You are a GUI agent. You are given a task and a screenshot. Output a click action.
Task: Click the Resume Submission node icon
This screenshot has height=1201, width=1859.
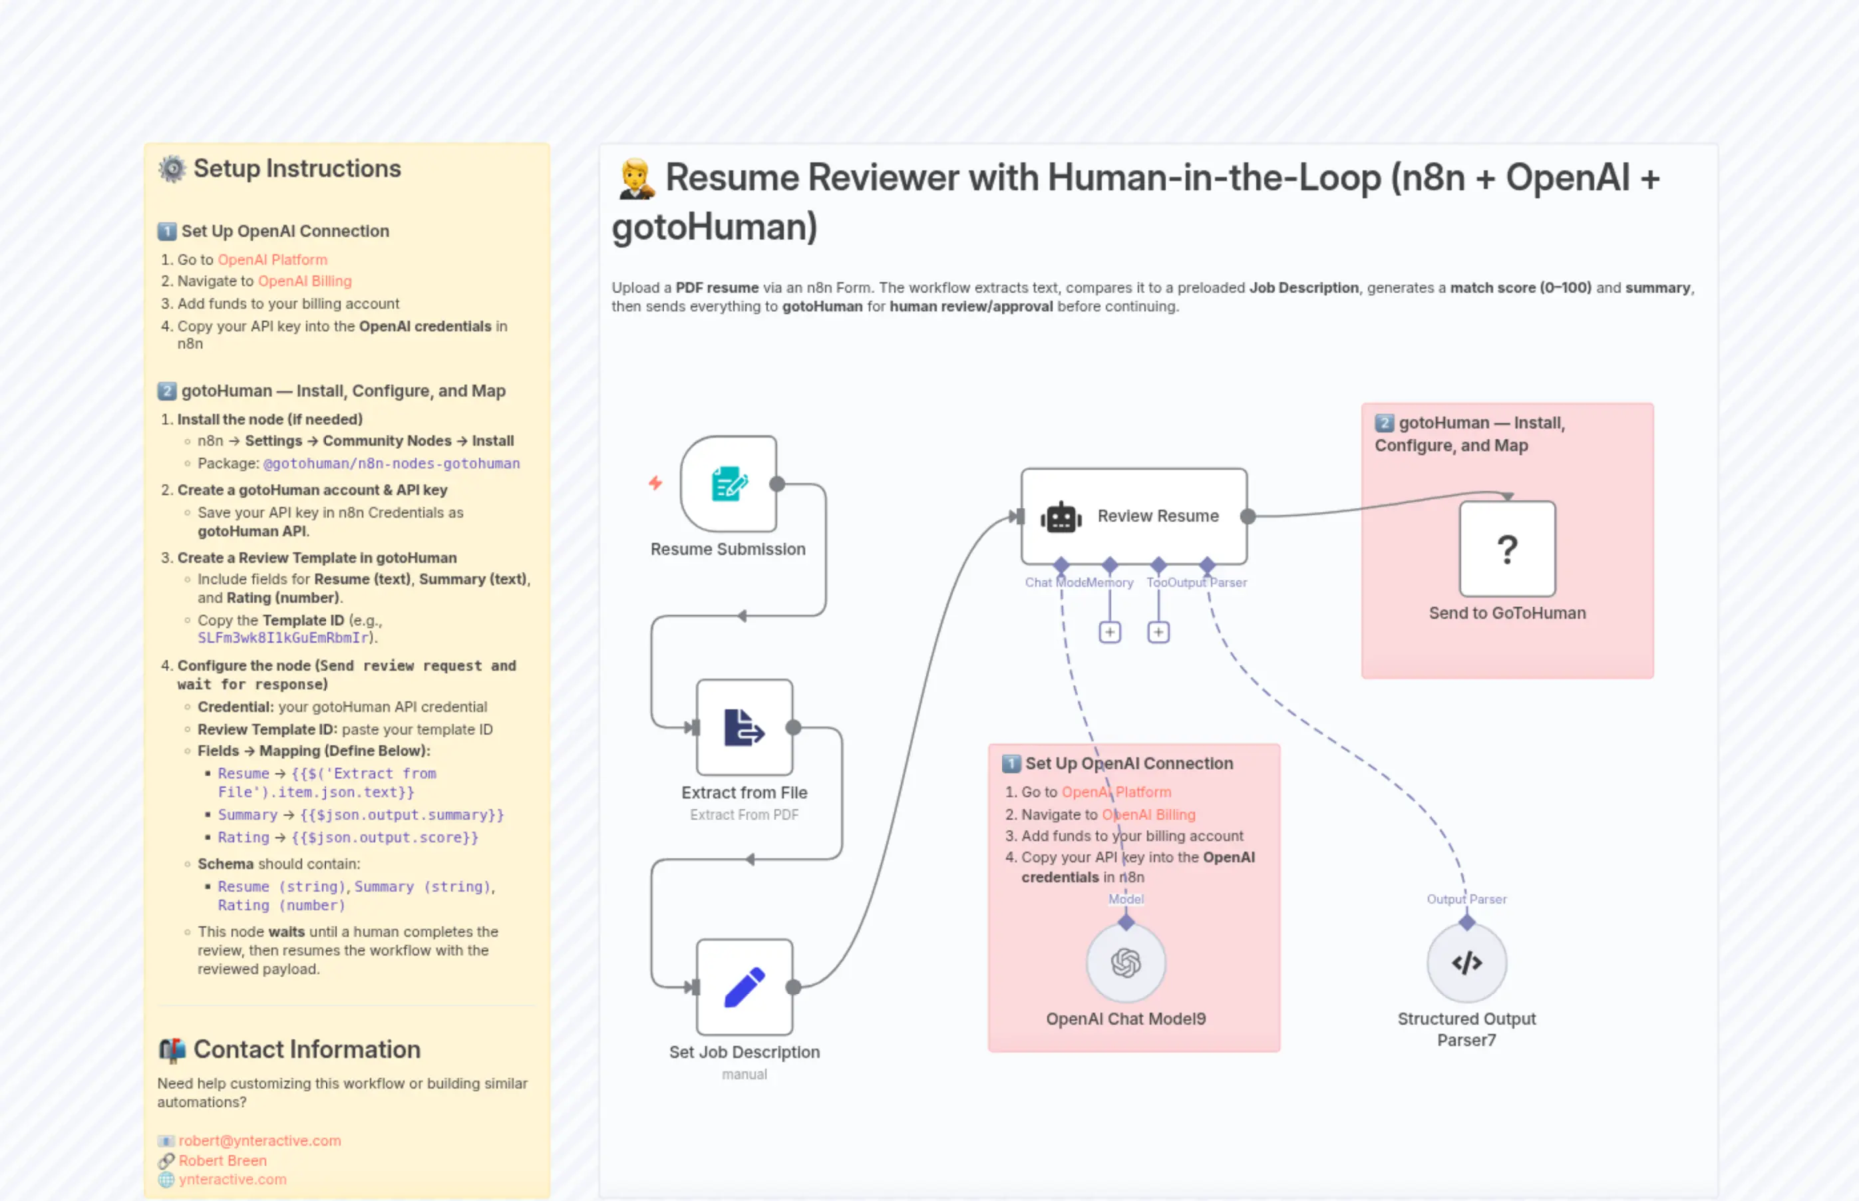click(x=729, y=484)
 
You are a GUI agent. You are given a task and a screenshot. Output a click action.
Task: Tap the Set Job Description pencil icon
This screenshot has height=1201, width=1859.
click(x=744, y=987)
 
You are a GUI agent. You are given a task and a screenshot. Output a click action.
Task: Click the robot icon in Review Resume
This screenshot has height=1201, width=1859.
click(x=1061, y=517)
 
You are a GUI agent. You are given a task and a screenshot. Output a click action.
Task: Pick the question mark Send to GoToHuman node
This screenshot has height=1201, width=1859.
click(x=1506, y=549)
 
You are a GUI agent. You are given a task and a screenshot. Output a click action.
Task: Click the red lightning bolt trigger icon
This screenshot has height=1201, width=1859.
click(x=655, y=484)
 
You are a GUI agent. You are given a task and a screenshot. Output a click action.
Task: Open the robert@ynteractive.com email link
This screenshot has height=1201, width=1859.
click(x=259, y=1140)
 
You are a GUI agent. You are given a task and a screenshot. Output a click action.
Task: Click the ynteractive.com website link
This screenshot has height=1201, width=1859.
click(x=232, y=1179)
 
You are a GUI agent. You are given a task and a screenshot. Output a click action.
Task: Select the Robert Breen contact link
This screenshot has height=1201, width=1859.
click(x=222, y=1160)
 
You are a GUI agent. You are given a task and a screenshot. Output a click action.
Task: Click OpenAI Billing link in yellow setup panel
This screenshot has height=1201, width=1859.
click(x=304, y=281)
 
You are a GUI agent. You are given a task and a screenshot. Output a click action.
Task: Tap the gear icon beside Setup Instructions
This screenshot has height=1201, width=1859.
click(x=172, y=168)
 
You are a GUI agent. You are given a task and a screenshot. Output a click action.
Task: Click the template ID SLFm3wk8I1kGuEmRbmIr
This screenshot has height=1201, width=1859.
click(x=284, y=638)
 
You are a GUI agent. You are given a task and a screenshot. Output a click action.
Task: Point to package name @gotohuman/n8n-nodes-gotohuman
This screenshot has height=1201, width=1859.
click(x=391, y=463)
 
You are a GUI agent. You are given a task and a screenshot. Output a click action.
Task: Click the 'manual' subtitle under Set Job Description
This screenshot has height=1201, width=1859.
click(x=744, y=1074)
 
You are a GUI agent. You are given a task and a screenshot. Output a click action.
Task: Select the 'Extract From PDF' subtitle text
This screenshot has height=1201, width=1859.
click(x=744, y=814)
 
